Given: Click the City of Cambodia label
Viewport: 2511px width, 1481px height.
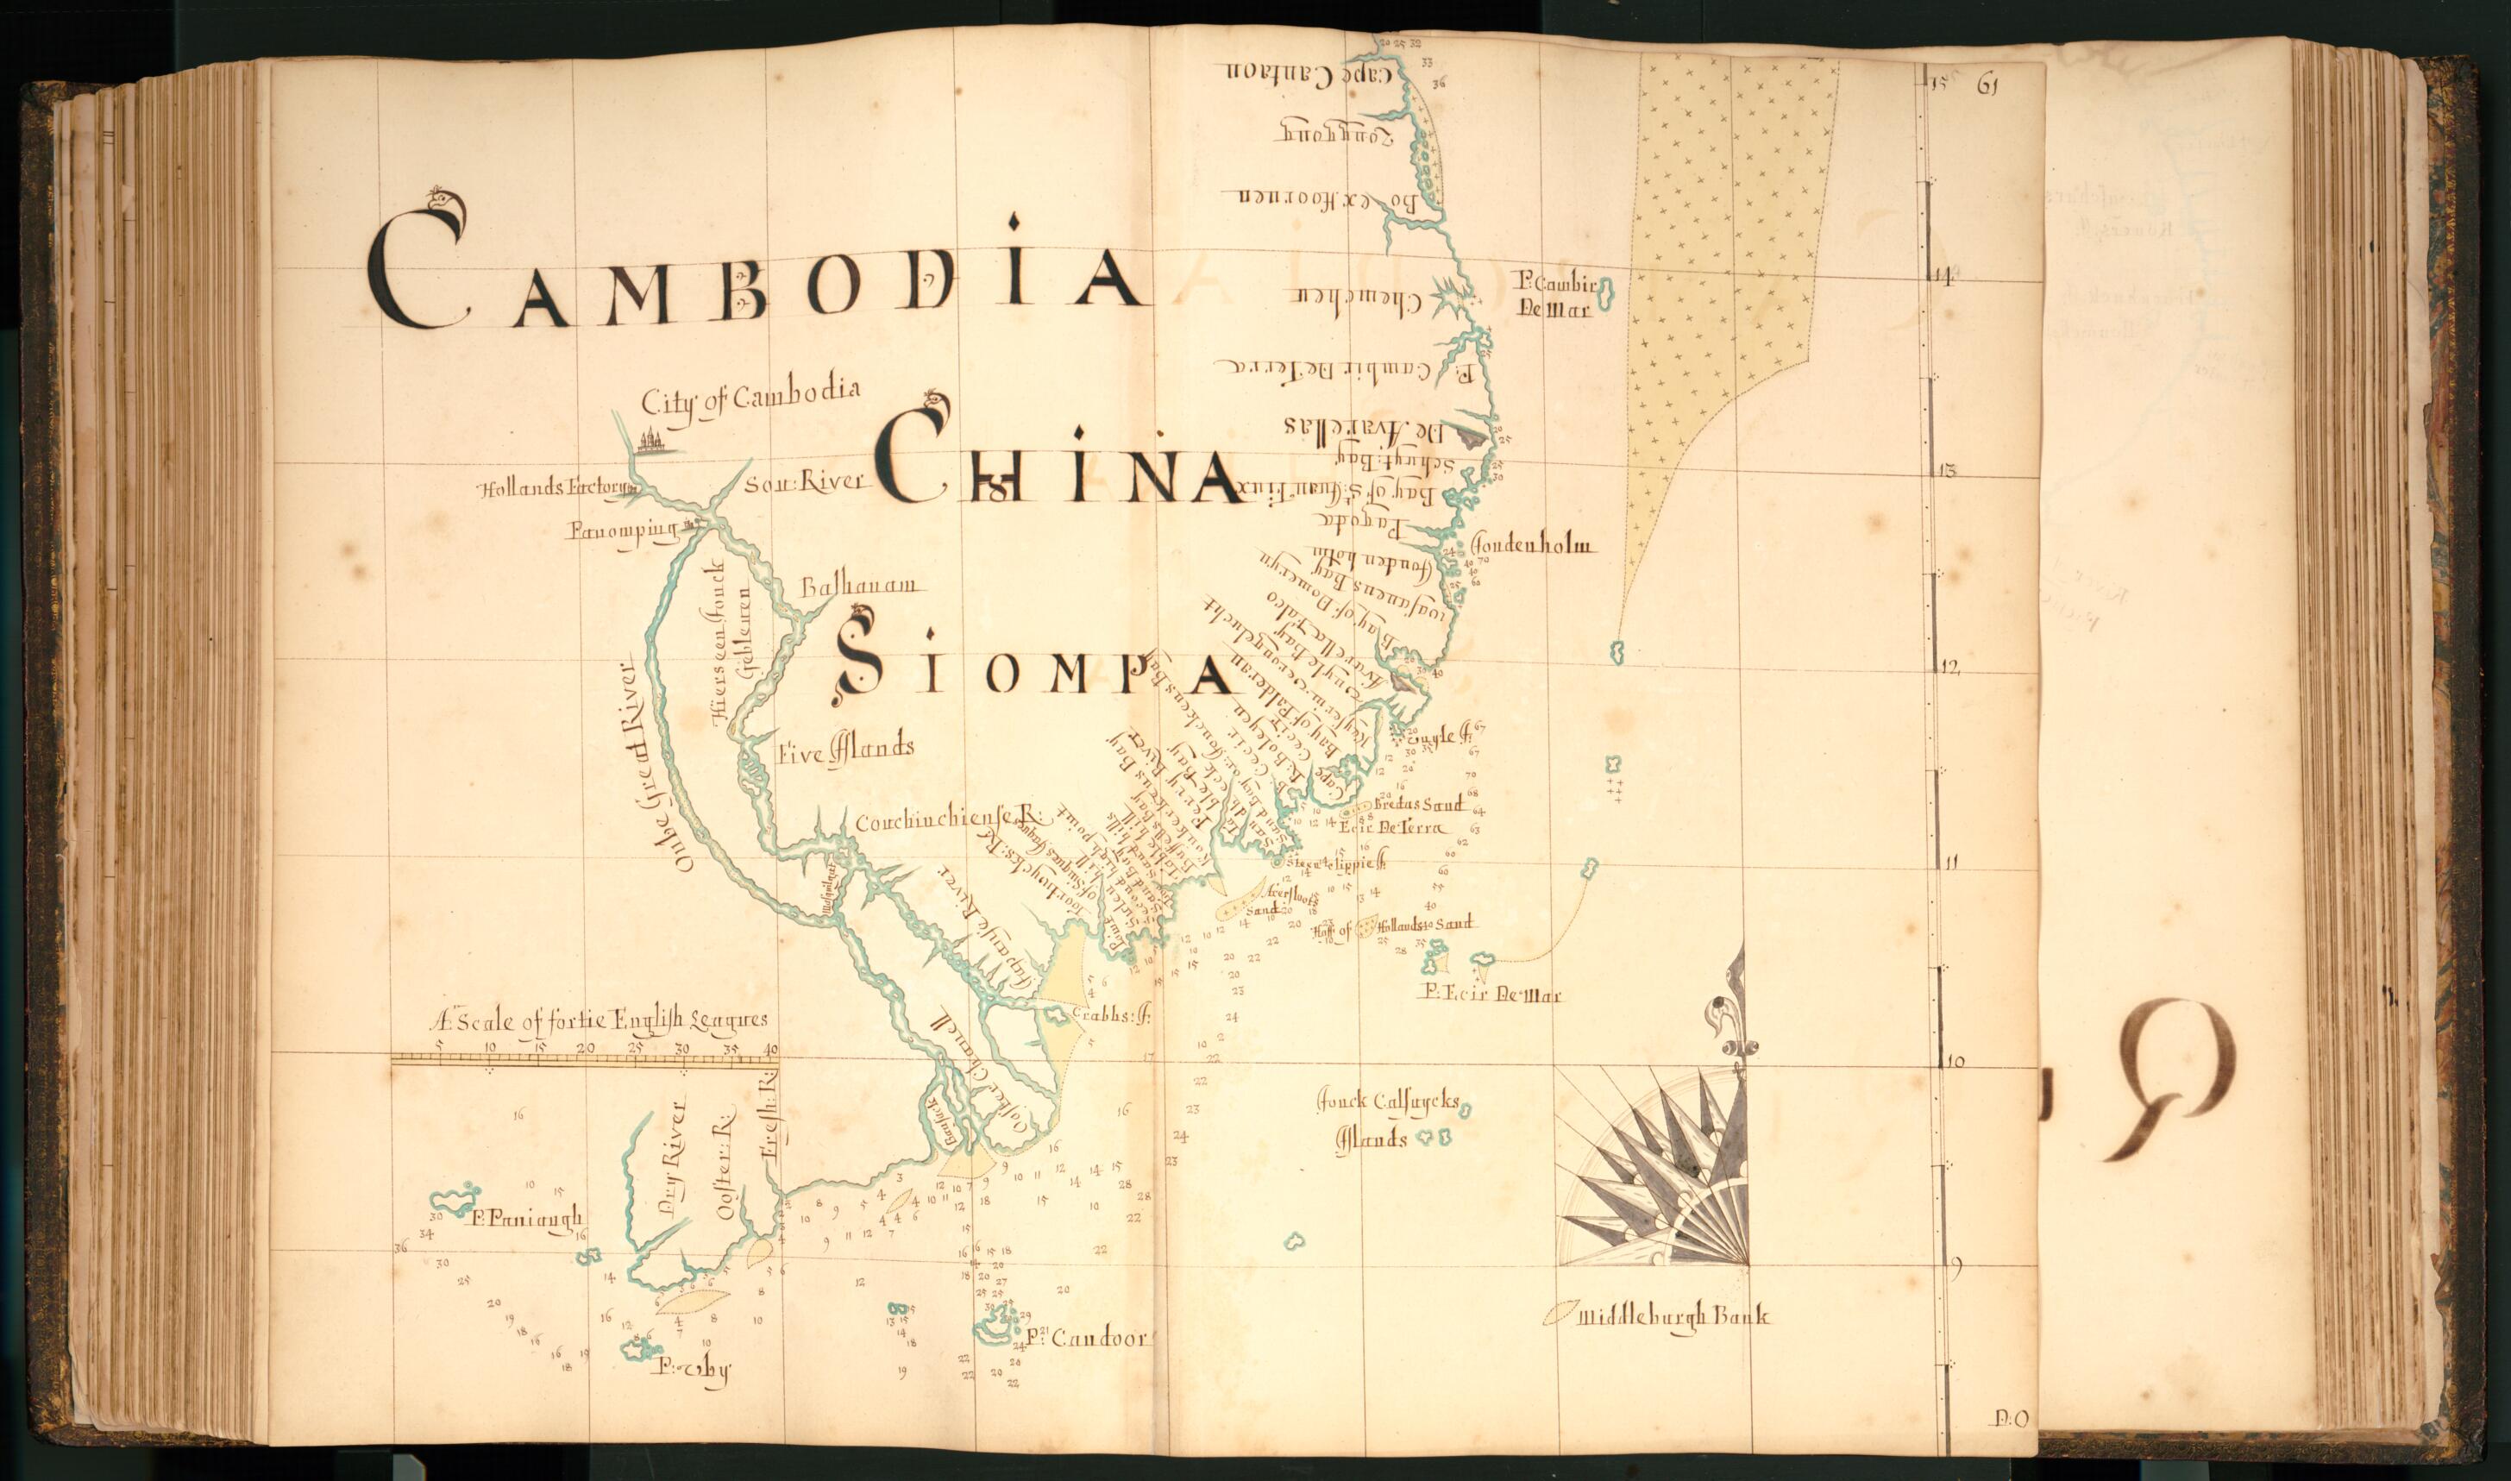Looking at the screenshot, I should click(750, 397).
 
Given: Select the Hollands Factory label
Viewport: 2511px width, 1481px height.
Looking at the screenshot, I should click(557, 489).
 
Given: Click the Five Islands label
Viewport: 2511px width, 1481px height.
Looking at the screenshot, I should click(845, 749).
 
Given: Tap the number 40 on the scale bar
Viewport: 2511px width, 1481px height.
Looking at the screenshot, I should click(769, 1049).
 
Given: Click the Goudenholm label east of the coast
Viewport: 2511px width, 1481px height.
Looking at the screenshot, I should click(1533, 545).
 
